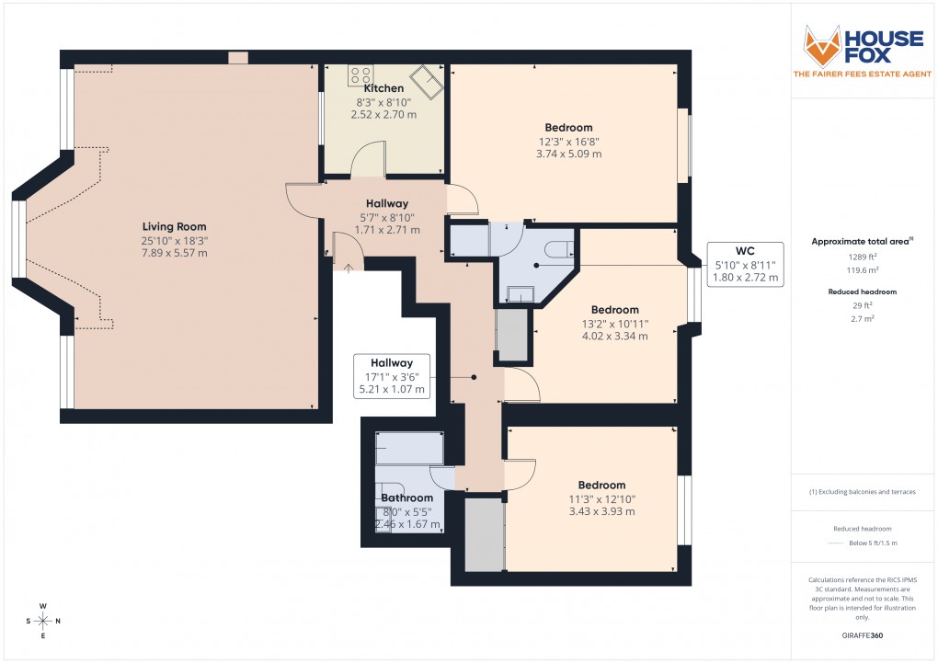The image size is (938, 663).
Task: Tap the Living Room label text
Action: coord(174,226)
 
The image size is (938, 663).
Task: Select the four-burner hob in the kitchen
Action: coord(360,75)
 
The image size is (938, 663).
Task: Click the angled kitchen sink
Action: coord(427,80)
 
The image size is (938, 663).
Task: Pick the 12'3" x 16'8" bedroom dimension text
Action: coord(568,142)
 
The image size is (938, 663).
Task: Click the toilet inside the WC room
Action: coord(559,248)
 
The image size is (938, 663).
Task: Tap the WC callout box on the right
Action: coord(745,263)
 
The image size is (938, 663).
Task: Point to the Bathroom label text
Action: coord(406,498)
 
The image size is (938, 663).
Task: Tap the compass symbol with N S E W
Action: coord(42,621)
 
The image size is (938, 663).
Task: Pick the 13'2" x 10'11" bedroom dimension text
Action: coord(614,323)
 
